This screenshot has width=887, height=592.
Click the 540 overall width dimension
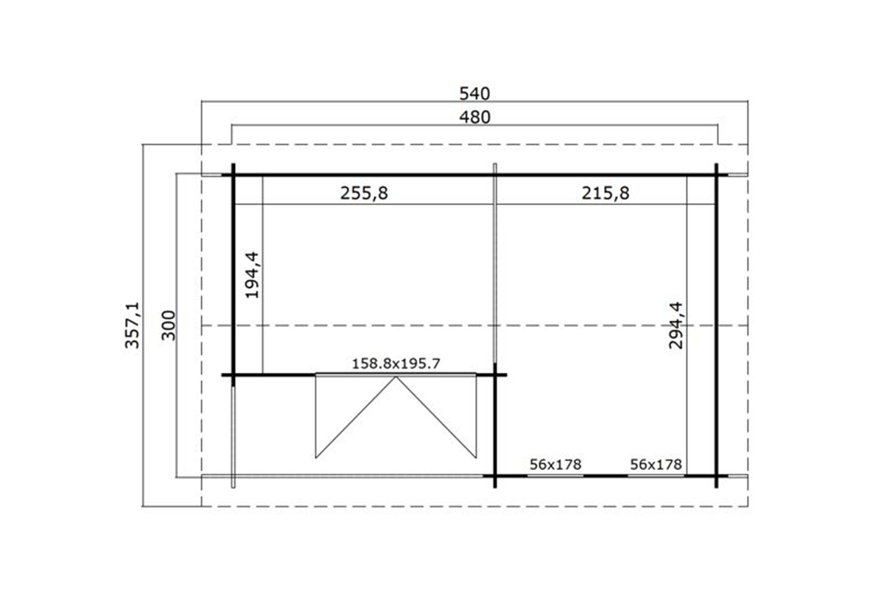pos(475,94)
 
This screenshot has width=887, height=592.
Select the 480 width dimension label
pos(475,118)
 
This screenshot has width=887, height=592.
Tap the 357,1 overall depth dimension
pos(132,325)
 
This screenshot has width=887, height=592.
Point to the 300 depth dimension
pos(169,325)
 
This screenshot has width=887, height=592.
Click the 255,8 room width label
pos(364,193)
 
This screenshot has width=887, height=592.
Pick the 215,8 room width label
pos(605,193)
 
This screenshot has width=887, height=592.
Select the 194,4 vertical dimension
pos(252,275)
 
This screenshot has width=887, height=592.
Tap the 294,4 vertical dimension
pos(676,325)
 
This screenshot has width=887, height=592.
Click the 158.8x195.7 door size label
pos(396,363)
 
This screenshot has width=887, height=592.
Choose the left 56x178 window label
pos(556,464)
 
